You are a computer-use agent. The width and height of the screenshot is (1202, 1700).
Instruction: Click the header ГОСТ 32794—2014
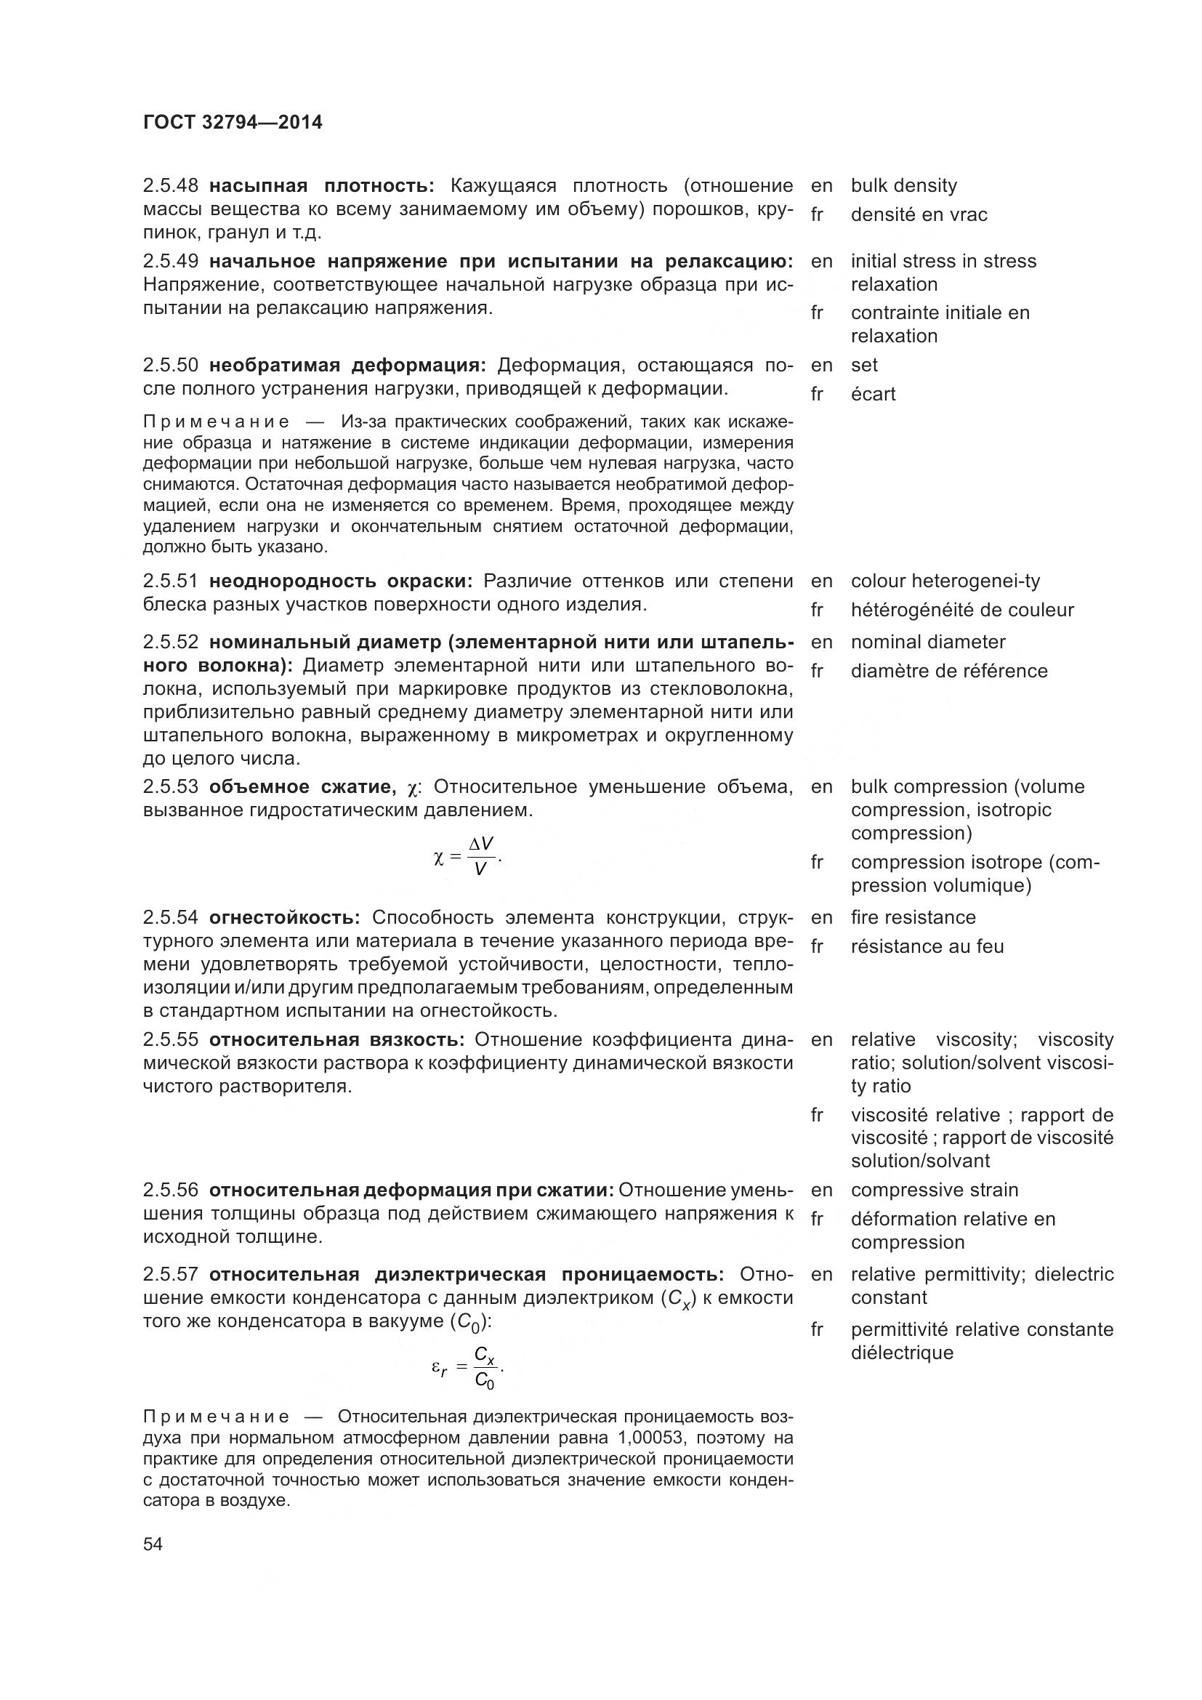click(x=233, y=123)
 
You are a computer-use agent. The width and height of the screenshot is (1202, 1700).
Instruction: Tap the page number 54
click(x=153, y=1544)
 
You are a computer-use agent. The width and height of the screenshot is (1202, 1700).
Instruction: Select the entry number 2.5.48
click(x=170, y=186)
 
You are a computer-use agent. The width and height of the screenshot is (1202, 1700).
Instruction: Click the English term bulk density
click(x=903, y=186)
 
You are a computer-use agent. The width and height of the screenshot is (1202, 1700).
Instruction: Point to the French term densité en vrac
click(x=919, y=214)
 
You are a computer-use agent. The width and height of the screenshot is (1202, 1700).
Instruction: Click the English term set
click(x=864, y=365)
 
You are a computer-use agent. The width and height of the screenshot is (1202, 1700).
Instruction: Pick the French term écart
click(x=873, y=394)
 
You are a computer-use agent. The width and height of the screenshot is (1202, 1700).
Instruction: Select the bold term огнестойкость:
click(x=284, y=917)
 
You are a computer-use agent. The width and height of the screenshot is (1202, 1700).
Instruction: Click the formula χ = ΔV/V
click(x=468, y=857)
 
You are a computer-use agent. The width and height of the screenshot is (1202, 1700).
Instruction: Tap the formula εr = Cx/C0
click(x=468, y=1369)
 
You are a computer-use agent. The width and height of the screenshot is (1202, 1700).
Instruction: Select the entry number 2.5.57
click(x=170, y=1274)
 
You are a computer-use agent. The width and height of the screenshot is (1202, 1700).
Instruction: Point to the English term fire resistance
click(x=913, y=917)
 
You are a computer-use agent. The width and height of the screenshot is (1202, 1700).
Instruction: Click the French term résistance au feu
click(x=927, y=946)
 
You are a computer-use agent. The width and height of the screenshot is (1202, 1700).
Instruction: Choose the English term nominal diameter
click(x=927, y=642)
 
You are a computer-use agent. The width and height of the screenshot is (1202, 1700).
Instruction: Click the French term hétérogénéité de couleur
click(x=961, y=610)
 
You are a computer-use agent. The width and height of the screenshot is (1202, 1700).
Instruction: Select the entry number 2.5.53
click(x=170, y=786)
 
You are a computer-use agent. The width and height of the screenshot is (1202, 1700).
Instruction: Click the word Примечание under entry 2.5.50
click(x=216, y=422)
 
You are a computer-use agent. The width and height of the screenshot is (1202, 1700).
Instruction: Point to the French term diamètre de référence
click(x=949, y=671)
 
